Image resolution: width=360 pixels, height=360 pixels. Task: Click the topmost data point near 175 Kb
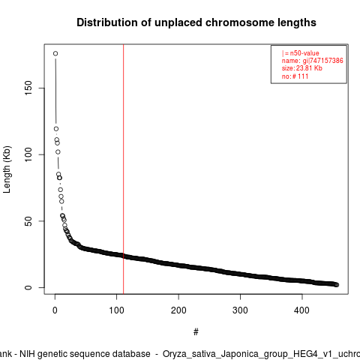pyautogui.click(x=55, y=53)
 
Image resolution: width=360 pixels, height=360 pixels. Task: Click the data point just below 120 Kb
pyautogui.click(x=56, y=129)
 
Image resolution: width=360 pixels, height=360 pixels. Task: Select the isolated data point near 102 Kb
pyautogui.click(x=58, y=152)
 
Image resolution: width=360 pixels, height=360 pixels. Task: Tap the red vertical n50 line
pyautogui.click(x=124, y=169)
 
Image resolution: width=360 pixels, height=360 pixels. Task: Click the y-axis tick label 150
pyautogui.click(x=28, y=88)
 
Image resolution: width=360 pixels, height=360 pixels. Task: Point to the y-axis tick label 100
pyautogui.click(x=28, y=154)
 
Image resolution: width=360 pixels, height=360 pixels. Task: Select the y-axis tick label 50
pyautogui.click(x=28, y=221)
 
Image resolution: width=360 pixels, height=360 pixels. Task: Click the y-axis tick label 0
pyautogui.click(x=28, y=287)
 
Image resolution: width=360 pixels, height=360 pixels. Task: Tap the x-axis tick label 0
pyautogui.click(x=55, y=310)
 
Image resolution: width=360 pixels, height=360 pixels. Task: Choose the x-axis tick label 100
pyautogui.click(x=116, y=310)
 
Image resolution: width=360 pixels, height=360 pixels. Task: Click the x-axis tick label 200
pyautogui.click(x=178, y=310)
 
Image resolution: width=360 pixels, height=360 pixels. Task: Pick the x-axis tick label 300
pyautogui.click(x=240, y=310)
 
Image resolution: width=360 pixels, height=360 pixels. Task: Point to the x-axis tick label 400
pyautogui.click(x=302, y=310)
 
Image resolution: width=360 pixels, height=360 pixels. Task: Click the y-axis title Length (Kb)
pyautogui.click(x=7, y=169)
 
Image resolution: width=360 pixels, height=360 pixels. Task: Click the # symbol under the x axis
pyautogui.click(x=196, y=332)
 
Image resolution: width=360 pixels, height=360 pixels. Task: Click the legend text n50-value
pyautogui.click(x=304, y=53)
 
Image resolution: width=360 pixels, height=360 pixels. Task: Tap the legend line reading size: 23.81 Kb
pyautogui.click(x=302, y=68)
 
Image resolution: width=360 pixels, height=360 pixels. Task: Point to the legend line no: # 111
pyautogui.click(x=295, y=76)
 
